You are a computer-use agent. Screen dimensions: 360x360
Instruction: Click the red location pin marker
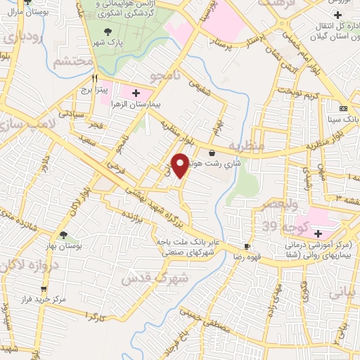click(x=181, y=165)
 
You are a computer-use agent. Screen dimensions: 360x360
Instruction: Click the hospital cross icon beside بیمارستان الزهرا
click(x=136, y=93)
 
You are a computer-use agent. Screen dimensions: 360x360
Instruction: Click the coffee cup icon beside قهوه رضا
click(x=246, y=246)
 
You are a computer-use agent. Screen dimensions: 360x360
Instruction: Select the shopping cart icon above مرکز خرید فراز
click(x=44, y=288)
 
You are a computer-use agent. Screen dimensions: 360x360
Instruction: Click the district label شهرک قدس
click(x=155, y=274)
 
